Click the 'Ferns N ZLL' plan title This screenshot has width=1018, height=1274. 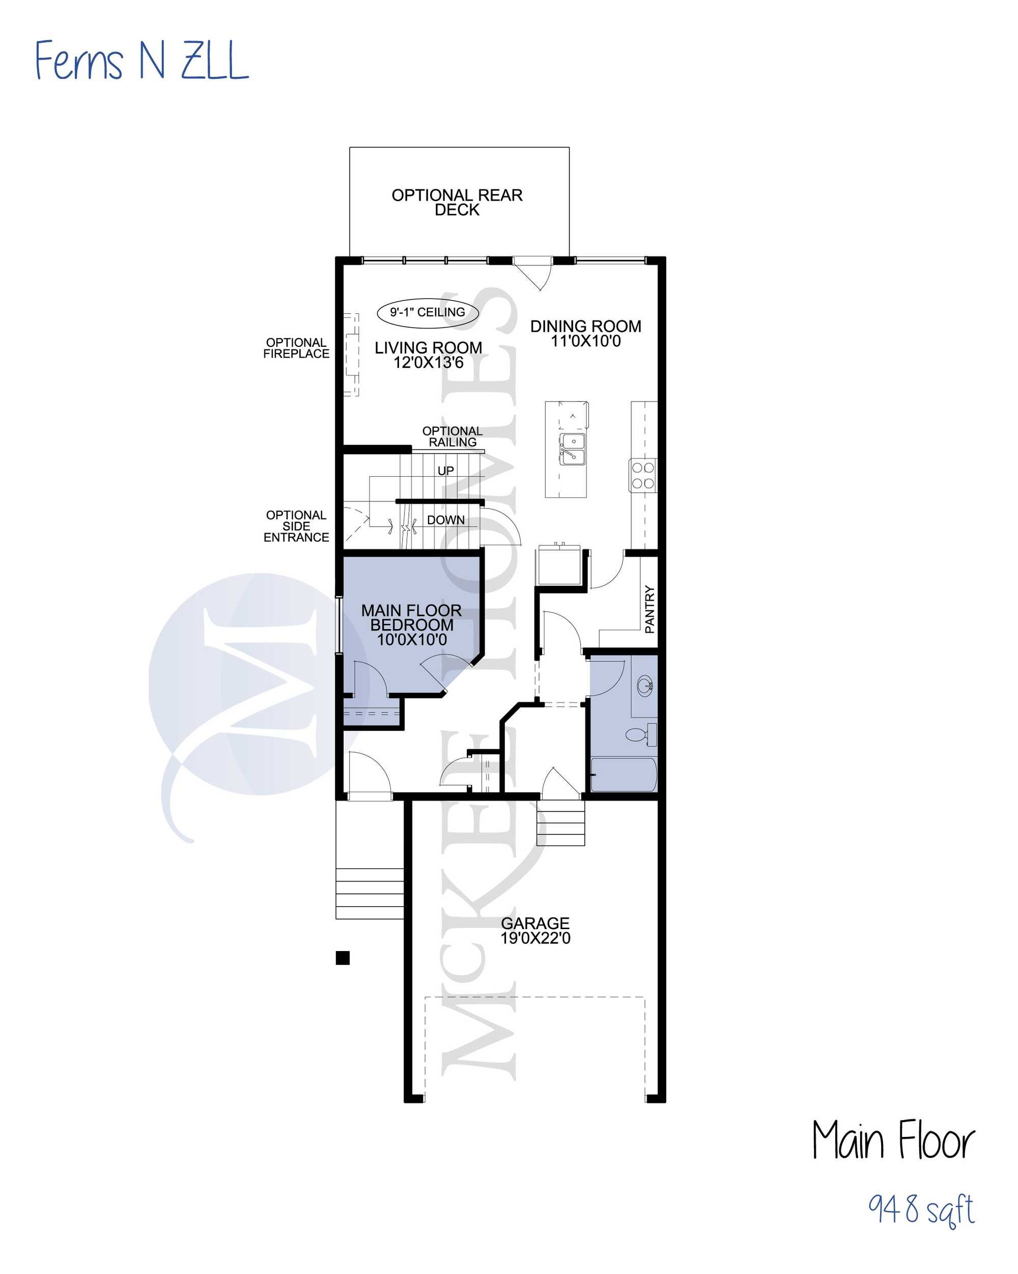tap(142, 60)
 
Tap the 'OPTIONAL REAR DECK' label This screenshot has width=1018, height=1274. tap(457, 202)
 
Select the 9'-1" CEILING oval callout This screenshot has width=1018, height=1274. tap(428, 313)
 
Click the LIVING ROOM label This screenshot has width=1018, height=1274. tap(429, 355)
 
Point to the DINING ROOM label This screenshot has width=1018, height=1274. tap(586, 333)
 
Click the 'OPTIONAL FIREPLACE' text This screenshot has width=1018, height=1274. tap(296, 348)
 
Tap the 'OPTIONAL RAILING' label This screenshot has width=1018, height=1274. tap(453, 437)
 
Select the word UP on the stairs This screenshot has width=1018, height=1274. tap(446, 471)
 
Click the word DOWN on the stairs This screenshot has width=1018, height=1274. tap(446, 520)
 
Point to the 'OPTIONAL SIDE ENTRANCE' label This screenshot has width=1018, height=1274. tap(296, 526)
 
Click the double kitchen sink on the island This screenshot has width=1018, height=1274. tap(572, 449)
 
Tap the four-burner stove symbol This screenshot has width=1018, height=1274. tap(642, 476)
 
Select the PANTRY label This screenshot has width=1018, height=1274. tap(649, 609)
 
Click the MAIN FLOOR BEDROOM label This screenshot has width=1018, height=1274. tap(412, 625)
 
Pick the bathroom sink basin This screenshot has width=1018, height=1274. tap(645, 686)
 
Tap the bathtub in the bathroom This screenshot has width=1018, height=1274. tap(624, 775)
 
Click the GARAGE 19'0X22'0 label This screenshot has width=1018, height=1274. tap(535, 930)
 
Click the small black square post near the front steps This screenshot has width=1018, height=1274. tap(343, 958)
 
